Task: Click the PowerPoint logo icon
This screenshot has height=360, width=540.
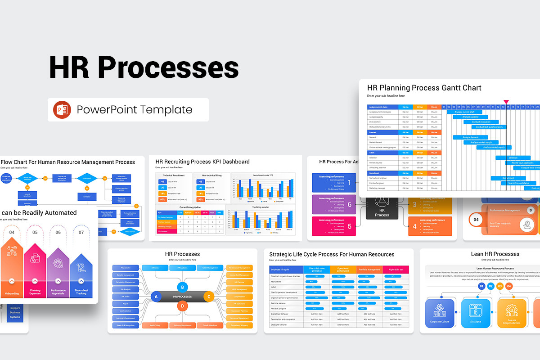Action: (62, 110)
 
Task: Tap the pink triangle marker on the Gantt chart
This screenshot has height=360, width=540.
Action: (506, 102)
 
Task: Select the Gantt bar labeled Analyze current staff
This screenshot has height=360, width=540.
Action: (464, 112)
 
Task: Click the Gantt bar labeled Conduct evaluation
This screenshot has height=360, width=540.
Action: (481, 122)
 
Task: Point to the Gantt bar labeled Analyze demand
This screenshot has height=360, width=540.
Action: (471, 137)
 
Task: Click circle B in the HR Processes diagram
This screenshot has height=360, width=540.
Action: (182, 287)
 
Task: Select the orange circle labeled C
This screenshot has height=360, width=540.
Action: (208, 297)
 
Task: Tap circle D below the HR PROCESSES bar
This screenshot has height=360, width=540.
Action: (182, 306)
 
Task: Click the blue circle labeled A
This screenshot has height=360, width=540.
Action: (156, 297)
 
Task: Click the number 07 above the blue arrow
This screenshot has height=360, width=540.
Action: (81, 233)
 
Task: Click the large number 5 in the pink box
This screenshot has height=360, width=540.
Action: (349, 227)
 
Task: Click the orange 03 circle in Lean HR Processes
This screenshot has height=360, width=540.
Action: (499, 286)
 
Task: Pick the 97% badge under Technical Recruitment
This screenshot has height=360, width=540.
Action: (162, 199)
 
